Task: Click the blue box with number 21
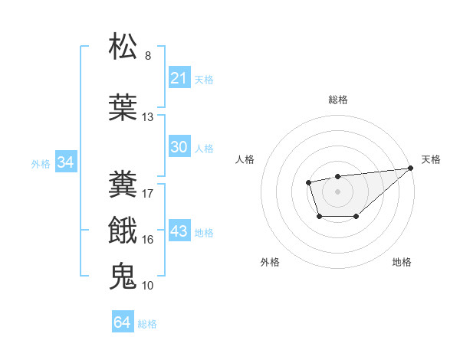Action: point(179,78)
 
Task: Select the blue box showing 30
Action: point(179,147)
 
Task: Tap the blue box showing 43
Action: point(179,231)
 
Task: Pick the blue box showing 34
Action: point(66,162)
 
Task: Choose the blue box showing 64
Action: point(123,322)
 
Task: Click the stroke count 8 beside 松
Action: point(148,56)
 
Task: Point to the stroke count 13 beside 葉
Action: point(148,117)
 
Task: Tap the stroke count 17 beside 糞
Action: point(148,193)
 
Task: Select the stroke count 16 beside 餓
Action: point(148,240)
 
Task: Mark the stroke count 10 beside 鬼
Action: point(148,286)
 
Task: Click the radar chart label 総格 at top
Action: point(337,100)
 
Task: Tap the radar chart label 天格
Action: point(431,159)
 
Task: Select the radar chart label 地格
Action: point(402,262)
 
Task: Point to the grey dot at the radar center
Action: point(337,191)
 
